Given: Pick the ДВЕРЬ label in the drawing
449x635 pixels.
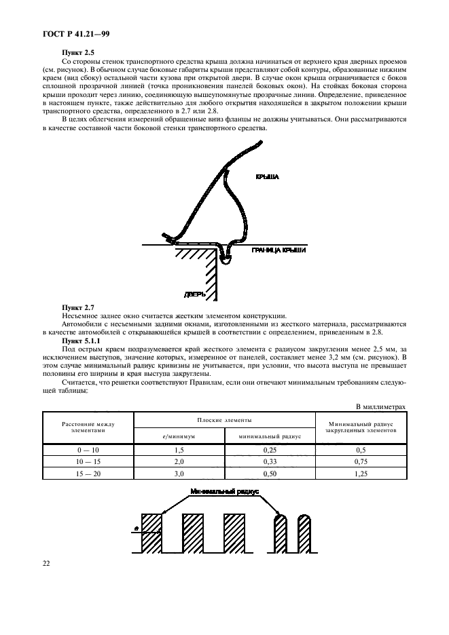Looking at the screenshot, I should click(x=194, y=294).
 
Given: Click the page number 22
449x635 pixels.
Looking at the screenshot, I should click(x=48, y=562).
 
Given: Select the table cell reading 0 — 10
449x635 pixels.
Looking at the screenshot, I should click(x=88, y=449).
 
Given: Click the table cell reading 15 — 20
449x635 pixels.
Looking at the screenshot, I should click(x=88, y=472).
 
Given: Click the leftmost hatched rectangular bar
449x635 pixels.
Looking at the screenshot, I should click(x=152, y=533).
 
